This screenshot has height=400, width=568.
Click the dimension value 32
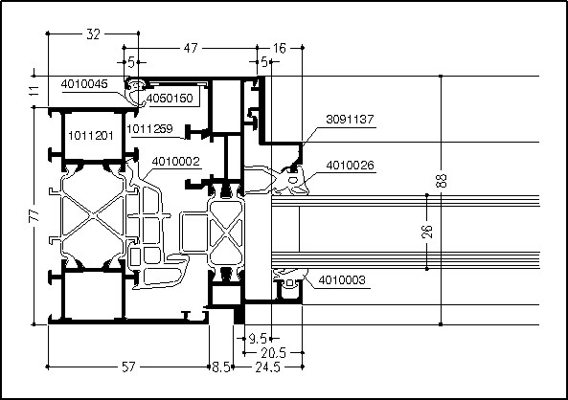tap(93, 34)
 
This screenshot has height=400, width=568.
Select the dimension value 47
tap(191, 48)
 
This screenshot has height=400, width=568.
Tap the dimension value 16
tap(280, 48)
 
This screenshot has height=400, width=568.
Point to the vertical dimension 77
tap(34, 215)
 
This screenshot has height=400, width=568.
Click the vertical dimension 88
tap(442, 181)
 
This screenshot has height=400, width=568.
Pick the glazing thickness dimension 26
tap(427, 232)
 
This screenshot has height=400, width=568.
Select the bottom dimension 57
tap(128, 367)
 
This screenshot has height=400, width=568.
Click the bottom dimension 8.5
tap(221, 367)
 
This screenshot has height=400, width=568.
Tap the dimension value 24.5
tap(267, 367)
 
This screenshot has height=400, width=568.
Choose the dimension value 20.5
tap(274, 352)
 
